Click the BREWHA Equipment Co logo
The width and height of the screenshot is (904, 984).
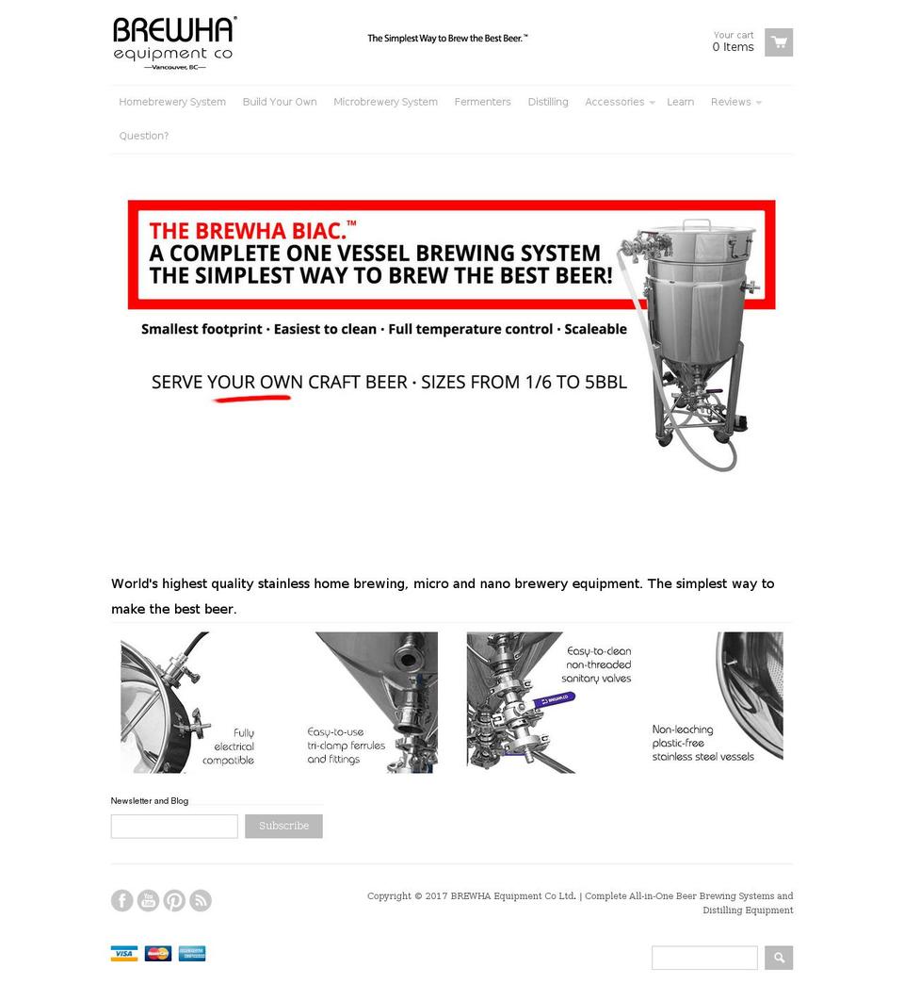point(173,42)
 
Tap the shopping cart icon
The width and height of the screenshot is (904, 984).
point(778,42)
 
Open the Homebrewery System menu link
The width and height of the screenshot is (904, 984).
point(172,102)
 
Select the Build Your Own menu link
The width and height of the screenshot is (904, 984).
point(280,102)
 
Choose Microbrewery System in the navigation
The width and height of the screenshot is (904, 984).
point(385,102)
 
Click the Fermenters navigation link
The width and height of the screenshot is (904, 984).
point(482,102)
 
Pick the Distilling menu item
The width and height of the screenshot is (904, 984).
point(547,102)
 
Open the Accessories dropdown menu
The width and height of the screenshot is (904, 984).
point(618,102)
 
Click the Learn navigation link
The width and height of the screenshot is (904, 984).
point(680,102)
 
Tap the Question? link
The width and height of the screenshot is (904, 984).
point(143,136)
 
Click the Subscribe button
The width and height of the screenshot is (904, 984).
point(283,826)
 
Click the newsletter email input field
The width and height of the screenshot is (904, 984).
point(174,826)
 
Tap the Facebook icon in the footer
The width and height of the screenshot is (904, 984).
point(122,900)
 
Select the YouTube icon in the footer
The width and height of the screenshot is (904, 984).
point(148,900)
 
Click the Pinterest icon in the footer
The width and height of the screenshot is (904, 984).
point(174,900)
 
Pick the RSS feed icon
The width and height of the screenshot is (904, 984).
point(201,900)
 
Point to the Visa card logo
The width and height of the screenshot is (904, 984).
point(124,953)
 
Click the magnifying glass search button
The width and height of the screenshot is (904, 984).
point(778,958)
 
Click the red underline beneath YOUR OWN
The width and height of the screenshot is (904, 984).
point(251,399)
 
